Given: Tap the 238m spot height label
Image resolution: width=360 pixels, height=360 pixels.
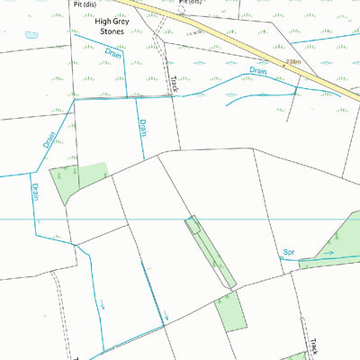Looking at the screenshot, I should [292, 62].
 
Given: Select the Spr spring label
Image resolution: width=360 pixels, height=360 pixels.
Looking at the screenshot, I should [289, 252].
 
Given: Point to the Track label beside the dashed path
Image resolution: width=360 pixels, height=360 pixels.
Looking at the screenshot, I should [174, 84].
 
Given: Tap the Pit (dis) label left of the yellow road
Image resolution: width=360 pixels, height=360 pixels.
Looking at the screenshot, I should [85, 3].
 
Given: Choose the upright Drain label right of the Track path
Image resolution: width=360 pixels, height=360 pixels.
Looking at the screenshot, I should [142, 127].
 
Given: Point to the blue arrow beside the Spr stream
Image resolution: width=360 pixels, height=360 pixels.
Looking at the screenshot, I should [328, 254].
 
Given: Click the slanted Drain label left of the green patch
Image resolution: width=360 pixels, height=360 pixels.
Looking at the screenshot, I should [49, 140].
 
